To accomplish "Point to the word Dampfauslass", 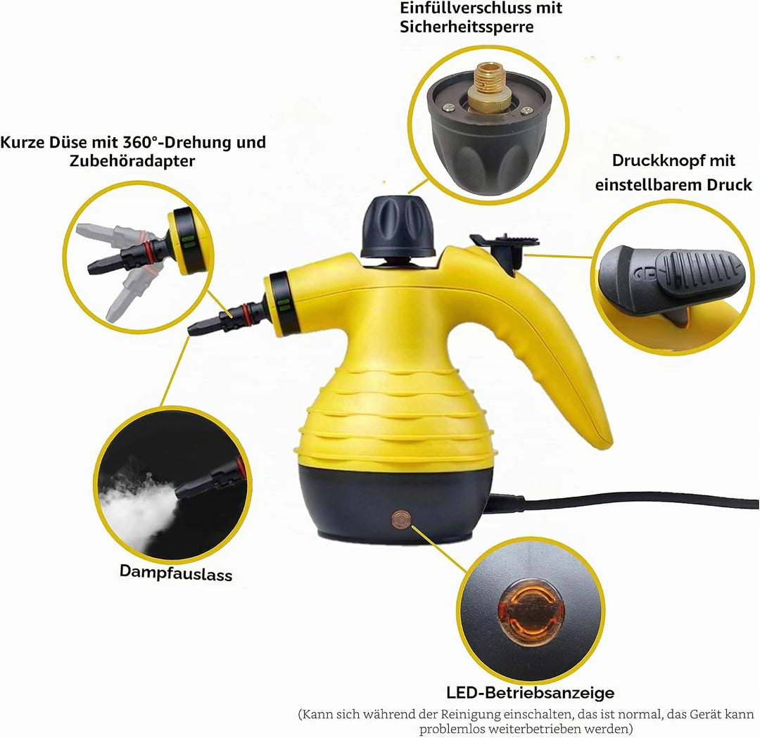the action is pos(176,572).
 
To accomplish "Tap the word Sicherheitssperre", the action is pos(467,27).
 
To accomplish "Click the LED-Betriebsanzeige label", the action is pos(531,693).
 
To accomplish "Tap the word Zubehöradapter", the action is pos(132,161).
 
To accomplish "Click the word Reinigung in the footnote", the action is pos(470,715).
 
